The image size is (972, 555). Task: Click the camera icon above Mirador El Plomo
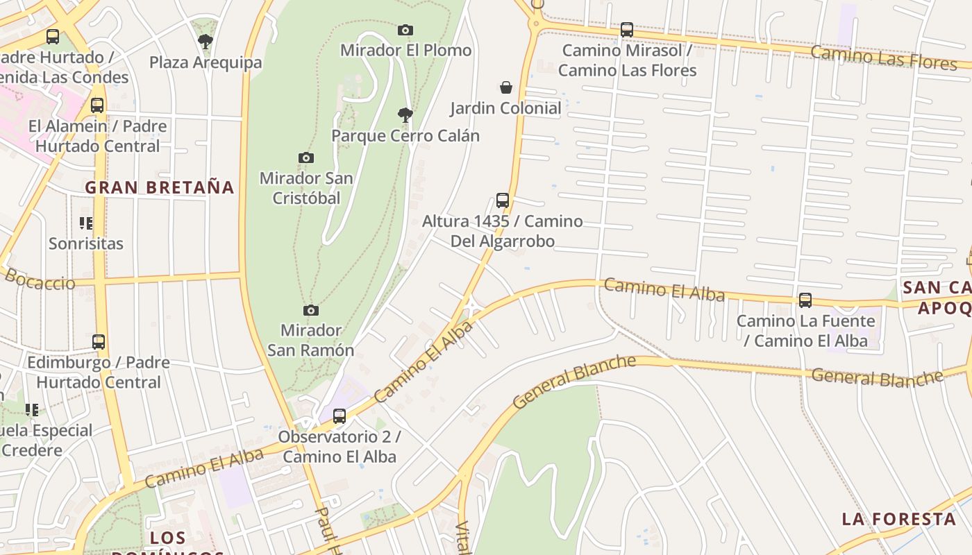coord(405,30)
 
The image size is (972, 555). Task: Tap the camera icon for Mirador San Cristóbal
coord(306,157)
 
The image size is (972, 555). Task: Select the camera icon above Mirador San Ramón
coord(311,310)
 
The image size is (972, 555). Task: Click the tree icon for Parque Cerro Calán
coord(405,114)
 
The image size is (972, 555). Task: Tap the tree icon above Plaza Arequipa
coord(206,42)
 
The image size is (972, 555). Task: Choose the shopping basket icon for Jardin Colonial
coord(506,87)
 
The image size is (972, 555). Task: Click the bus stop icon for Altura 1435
coord(503,200)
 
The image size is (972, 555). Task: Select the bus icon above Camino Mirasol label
coord(627,30)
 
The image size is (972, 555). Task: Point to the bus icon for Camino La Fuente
coord(805,300)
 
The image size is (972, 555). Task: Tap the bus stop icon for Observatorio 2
coord(340,416)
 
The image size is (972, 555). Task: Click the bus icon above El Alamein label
coord(97,105)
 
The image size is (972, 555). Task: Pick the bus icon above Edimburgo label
coord(99,342)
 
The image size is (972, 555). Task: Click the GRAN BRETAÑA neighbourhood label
coord(160,187)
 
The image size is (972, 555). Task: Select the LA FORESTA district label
coord(899,519)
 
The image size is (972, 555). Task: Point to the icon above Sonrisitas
coord(86,223)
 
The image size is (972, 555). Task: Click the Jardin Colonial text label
coord(505,108)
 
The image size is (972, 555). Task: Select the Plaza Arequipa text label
coord(206,62)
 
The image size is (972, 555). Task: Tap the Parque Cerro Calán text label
coord(405,135)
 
